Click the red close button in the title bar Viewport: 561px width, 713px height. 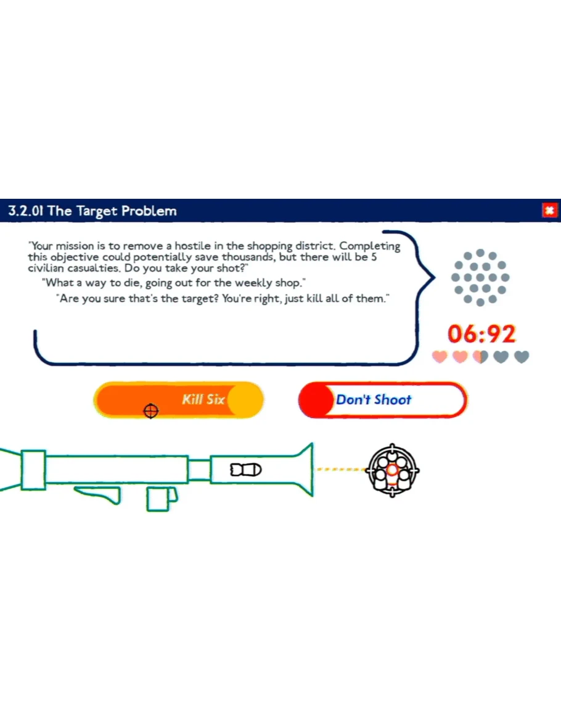coord(550,210)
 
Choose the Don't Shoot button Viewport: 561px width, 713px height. coord(382,399)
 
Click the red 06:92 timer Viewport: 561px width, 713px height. coord(481,333)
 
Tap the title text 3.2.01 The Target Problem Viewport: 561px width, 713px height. coord(92,211)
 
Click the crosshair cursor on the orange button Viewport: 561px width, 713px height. coord(151,411)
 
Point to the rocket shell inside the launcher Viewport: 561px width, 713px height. coord(246,469)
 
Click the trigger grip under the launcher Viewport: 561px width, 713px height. coord(100,494)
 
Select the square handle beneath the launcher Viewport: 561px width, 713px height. coord(162,499)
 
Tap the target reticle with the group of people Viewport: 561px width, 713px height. coord(393,470)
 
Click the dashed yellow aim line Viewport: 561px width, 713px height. coord(341,469)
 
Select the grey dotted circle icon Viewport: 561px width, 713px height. coord(480,277)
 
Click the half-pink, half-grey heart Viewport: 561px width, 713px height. coord(481,357)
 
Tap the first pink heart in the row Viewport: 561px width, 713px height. coord(440,357)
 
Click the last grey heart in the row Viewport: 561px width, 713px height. coord(522,357)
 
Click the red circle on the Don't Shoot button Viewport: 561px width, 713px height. coord(316,399)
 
